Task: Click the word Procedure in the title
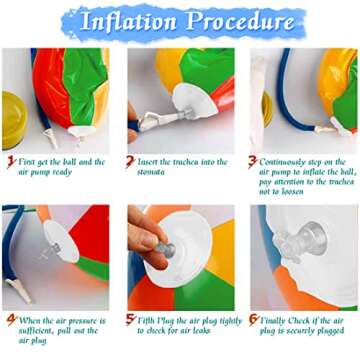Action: click(x=240, y=21)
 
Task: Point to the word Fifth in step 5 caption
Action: click(x=150, y=320)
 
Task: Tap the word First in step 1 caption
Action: click(x=31, y=161)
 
